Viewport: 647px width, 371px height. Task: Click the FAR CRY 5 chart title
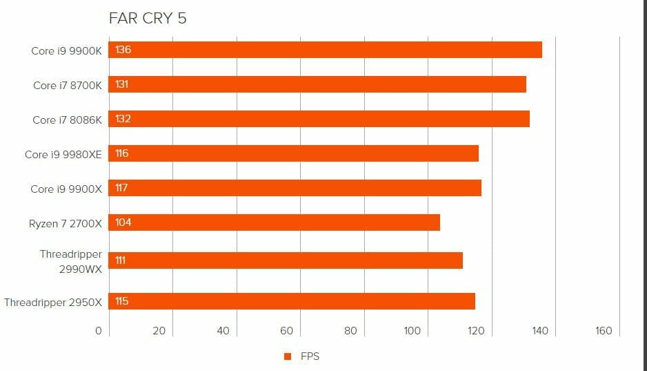[148, 19]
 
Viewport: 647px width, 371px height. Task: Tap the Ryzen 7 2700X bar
[275, 222]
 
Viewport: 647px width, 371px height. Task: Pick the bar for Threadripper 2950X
[292, 301]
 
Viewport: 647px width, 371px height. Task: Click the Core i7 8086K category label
[67, 120]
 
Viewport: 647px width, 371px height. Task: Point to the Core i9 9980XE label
[63, 154]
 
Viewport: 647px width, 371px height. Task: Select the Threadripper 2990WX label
[70, 262]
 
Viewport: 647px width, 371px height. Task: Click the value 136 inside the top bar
[123, 50]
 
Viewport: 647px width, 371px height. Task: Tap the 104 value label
[123, 222]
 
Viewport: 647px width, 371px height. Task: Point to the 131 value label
[123, 84]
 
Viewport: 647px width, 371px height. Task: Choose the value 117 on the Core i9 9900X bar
[121, 188]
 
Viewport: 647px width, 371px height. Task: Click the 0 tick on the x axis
[98, 331]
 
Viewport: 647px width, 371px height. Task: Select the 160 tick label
[604, 331]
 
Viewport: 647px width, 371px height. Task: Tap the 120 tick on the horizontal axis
[476, 331]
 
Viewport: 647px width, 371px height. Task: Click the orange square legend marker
[288, 356]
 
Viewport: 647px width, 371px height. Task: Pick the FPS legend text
[310, 356]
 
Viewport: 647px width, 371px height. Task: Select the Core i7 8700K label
[68, 86]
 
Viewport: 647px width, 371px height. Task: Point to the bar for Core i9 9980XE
[294, 153]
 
